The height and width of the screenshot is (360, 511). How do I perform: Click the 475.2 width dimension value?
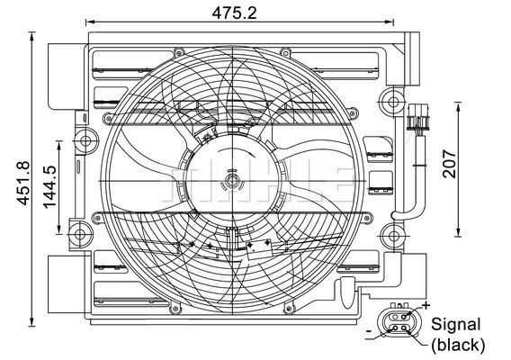(234, 13)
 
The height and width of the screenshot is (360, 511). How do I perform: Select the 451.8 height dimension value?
(23, 184)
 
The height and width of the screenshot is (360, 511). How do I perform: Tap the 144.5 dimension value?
(49, 187)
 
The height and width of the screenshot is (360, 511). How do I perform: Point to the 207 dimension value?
(449, 164)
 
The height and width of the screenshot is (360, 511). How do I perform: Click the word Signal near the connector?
(455, 325)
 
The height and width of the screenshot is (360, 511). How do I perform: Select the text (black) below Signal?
(458, 345)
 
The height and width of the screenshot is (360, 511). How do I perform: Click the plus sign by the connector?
(426, 305)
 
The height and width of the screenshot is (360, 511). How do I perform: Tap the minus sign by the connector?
(369, 331)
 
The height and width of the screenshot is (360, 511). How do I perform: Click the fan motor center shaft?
(232, 181)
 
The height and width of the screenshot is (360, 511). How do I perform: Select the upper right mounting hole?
(393, 102)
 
